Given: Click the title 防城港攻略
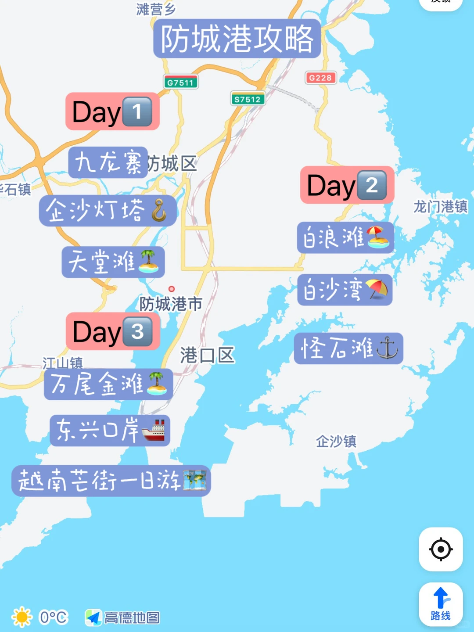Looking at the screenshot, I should coord(237,39).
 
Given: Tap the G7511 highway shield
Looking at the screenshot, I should coord(180,83).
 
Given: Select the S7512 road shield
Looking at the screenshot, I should coord(248,99).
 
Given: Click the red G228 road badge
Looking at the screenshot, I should coord(320,78).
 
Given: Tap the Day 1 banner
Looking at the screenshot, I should coord(112,111).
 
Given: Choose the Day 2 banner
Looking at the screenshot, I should coord(347,185).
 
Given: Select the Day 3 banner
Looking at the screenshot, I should coord(113,331).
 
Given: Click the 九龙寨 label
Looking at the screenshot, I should coord(108,162).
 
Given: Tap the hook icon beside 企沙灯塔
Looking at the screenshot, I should coord(159,211).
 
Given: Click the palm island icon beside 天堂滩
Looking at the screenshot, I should coord(148,262).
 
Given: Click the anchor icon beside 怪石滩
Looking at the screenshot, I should coord(387,348).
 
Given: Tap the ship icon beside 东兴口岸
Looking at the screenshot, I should coord(154,430).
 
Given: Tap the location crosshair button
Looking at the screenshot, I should coord(441,549).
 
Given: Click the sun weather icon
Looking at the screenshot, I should coord(22,617).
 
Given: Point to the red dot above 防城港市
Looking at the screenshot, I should coord(172,289).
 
